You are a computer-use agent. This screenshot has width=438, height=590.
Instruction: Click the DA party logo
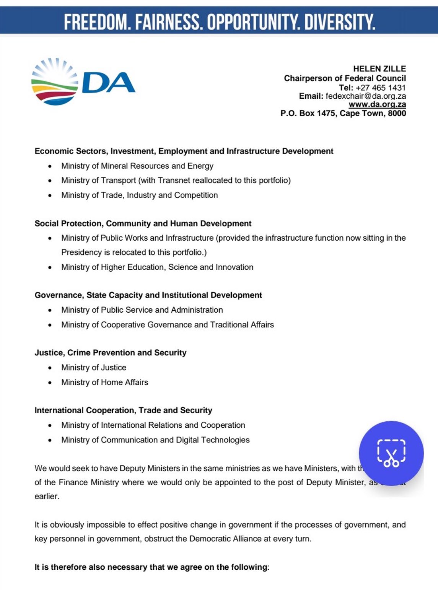[83, 82]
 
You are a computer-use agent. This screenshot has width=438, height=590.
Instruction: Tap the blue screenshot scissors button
[391, 453]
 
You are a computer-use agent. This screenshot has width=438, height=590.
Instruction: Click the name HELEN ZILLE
[379, 69]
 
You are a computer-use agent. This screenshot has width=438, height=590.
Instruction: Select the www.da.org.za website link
[377, 104]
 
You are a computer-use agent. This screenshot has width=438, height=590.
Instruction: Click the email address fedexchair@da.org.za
[366, 96]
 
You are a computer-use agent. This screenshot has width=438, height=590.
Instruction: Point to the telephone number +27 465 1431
[381, 87]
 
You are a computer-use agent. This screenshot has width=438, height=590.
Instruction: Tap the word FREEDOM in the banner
[97, 22]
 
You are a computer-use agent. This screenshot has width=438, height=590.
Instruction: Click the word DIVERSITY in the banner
[339, 22]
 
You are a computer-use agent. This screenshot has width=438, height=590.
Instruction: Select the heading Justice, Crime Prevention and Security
[111, 353]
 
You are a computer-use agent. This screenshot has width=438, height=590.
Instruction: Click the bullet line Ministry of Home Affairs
[104, 382]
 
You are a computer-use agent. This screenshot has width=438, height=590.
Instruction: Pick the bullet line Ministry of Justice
[94, 368]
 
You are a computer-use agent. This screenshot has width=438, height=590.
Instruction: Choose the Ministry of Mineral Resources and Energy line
[137, 166]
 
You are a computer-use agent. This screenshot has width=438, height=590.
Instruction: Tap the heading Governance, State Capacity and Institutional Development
[148, 295]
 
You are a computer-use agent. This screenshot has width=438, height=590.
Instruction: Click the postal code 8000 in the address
[397, 113]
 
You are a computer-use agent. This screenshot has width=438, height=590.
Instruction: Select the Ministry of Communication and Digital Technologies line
[155, 440]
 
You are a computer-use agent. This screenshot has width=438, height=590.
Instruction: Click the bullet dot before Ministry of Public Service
[50, 310]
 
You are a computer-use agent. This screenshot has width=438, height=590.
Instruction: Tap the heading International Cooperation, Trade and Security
[123, 411]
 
